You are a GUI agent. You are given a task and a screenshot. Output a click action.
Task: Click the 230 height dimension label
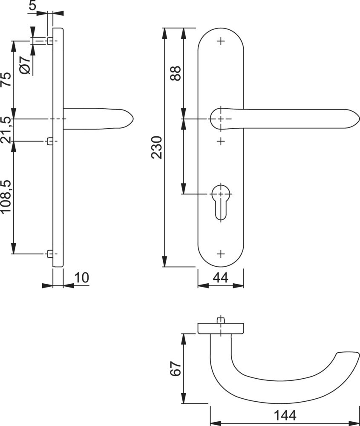[x=157, y=147]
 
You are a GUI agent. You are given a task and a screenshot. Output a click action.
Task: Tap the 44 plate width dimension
[x=220, y=278]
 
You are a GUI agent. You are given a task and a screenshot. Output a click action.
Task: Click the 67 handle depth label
[x=176, y=369]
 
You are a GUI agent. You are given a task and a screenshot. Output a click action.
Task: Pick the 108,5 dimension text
[x=6, y=197]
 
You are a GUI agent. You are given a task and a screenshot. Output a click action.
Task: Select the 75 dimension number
[x=6, y=80]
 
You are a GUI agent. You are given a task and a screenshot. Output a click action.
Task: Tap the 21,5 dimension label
[x=6, y=130]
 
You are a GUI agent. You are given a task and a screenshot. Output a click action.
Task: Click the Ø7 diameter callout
[x=25, y=65]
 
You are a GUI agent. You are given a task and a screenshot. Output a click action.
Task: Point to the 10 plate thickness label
[x=81, y=278]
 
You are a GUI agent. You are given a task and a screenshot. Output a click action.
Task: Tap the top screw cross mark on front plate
[x=220, y=41]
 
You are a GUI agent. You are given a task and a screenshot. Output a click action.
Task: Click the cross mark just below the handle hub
[x=220, y=141]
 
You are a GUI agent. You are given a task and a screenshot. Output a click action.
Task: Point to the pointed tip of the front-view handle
[x=358, y=119]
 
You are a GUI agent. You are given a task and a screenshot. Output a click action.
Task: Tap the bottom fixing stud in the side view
[x=50, y=254]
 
